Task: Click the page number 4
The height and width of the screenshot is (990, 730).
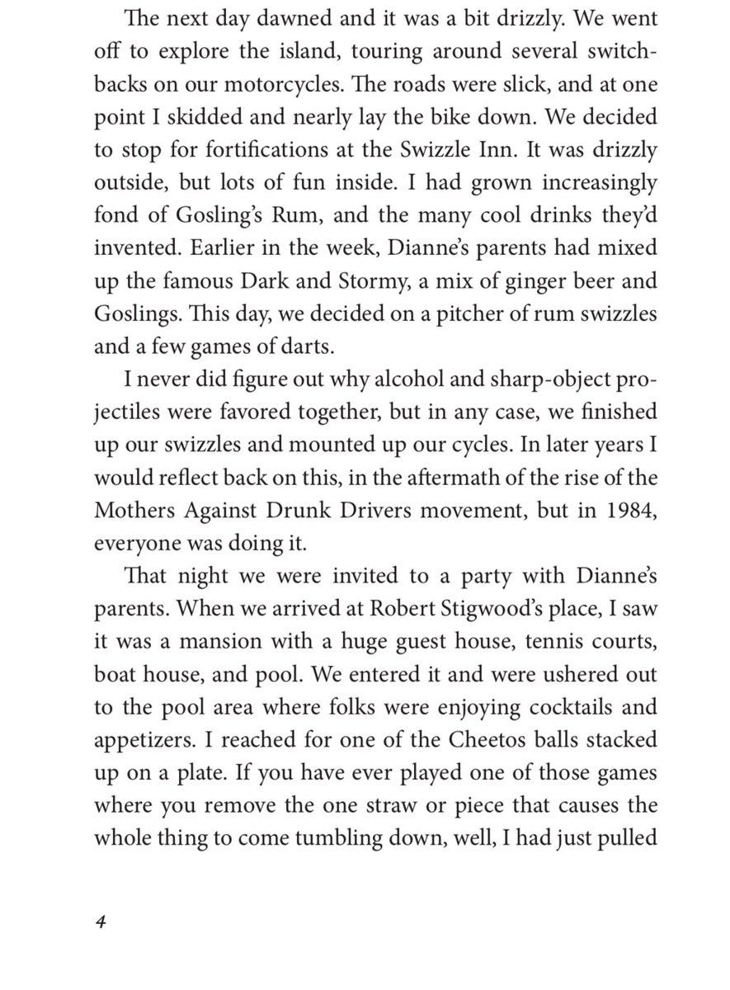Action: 100,922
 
